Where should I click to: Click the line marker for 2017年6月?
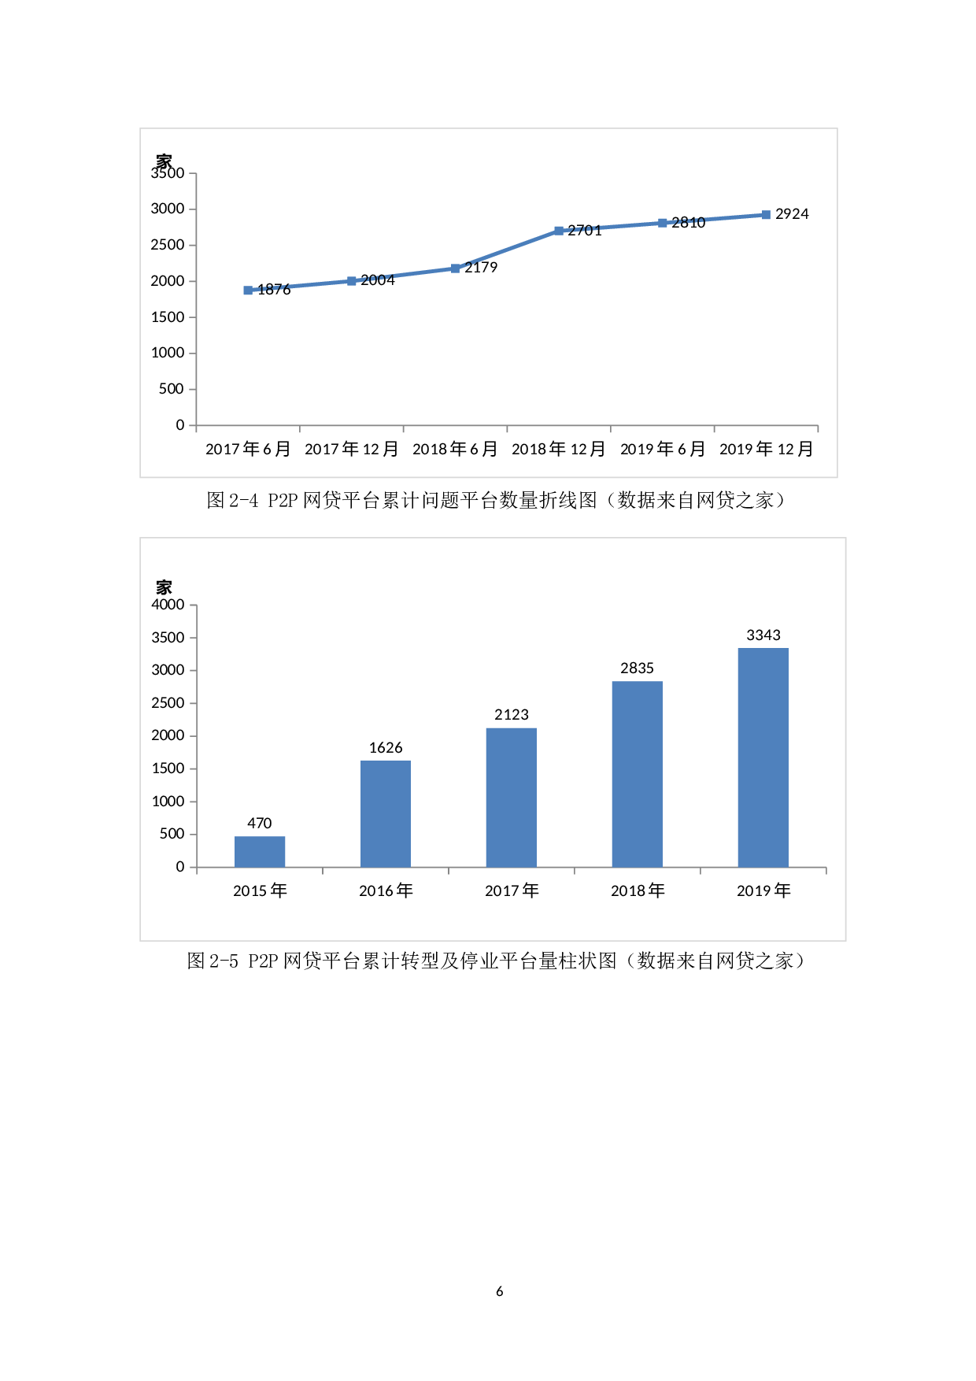[x=248, y=290]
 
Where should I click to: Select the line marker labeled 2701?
[x=559, y=231]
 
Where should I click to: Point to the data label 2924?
[x=792, y=214]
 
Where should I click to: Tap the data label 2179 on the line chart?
[x=481, y=268]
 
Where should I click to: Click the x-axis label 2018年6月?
[x=455, y=449]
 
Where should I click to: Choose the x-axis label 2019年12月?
[x=766, y=449]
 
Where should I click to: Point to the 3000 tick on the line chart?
[x=168, y=209]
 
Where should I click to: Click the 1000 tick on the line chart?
[x=168, y=353]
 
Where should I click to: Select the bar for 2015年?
[x=260, y=851]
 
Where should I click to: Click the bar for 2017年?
[x=512, y=797]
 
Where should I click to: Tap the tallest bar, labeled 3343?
[x=763, y=757]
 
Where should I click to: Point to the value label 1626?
[x=386, y=748]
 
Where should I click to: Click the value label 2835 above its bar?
[x=637, y=668]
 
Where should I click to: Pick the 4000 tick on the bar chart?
[x=168, y=605]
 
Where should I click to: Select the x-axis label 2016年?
[x=386, y=890]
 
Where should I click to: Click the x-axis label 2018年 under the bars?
[x=638, y=890]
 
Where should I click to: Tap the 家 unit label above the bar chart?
[x=164, y=587]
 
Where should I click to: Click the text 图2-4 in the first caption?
[x=232, y=501]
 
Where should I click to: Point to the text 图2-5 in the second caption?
[x=213, y=961]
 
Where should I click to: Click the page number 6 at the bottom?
[x=500, y=1291]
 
